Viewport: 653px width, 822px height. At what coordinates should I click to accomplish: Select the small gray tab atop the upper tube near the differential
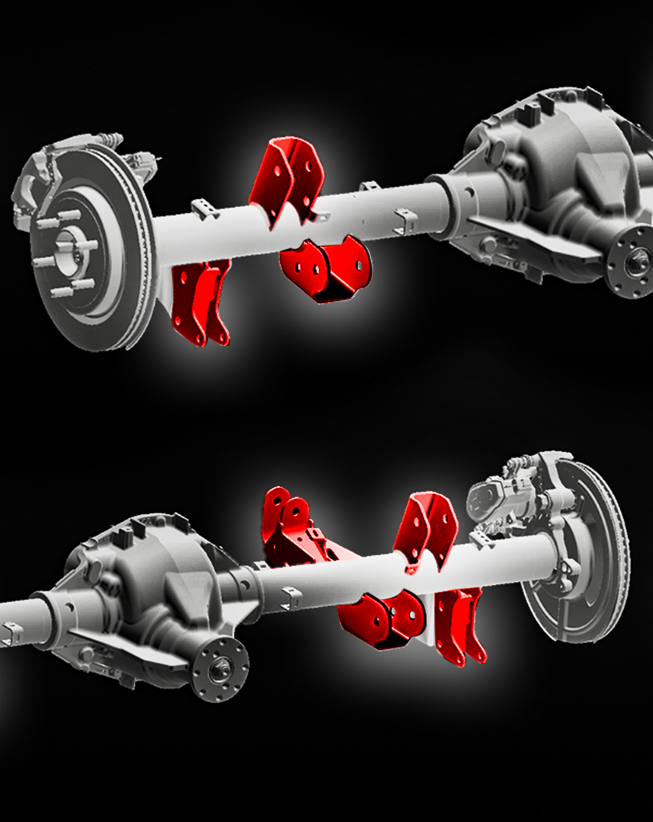pos(370,187)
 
